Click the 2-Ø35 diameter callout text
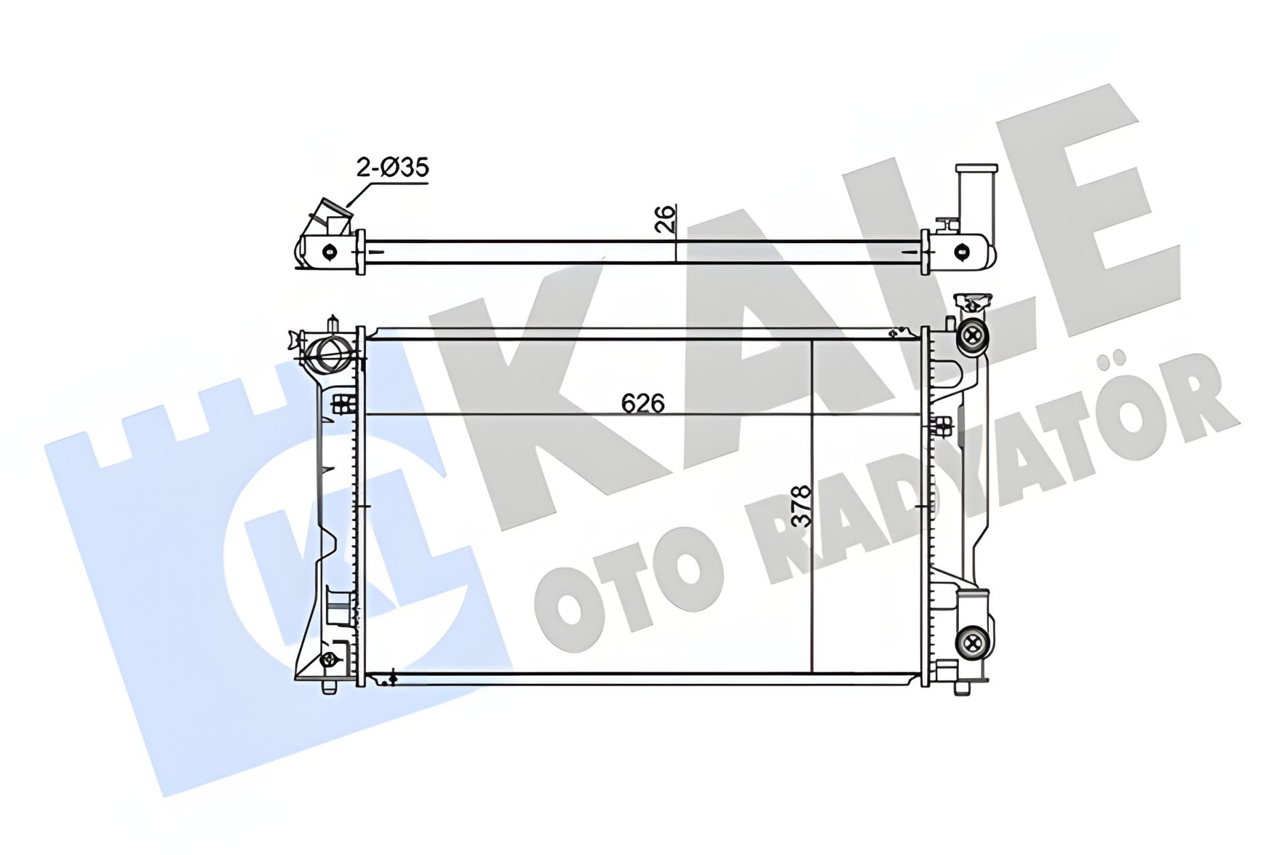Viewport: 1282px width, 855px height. point(392,167)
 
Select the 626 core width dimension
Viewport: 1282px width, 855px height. point(642,403)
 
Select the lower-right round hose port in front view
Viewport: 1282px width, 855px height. point(972,643)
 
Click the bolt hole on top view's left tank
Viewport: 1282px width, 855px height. point(329,251)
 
